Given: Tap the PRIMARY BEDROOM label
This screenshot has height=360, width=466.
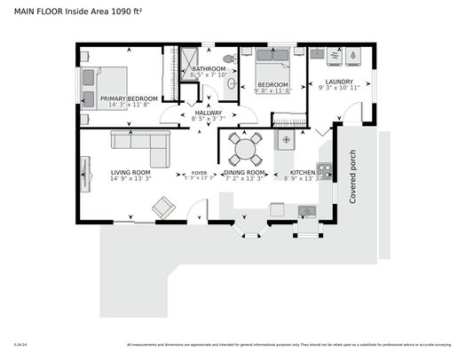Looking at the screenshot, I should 129,98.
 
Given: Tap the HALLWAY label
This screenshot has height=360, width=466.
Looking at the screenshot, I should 202,113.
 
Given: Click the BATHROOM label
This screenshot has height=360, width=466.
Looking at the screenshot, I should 209,68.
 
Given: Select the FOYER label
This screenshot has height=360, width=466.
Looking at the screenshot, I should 200,173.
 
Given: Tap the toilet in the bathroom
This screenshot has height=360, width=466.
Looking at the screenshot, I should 228,59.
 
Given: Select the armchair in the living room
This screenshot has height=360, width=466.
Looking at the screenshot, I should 163,207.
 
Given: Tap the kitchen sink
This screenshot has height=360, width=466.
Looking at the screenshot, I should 306,211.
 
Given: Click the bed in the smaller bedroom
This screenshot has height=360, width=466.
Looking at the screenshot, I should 273,67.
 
